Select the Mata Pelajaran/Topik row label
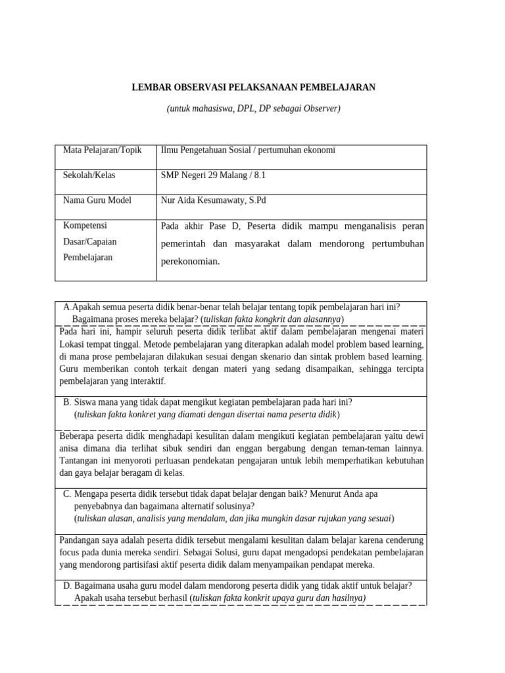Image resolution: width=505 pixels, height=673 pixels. coord(102,151)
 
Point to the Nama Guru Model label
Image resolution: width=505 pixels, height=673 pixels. coord(97,200)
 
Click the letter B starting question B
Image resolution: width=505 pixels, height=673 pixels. coord(67,402)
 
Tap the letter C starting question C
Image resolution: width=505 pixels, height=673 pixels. coord(67,494)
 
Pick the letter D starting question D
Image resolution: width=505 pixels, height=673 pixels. coord(67,586)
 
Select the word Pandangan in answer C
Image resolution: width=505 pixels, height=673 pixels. coord(81,541)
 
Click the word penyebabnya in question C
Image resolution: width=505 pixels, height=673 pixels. coord(98,506)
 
